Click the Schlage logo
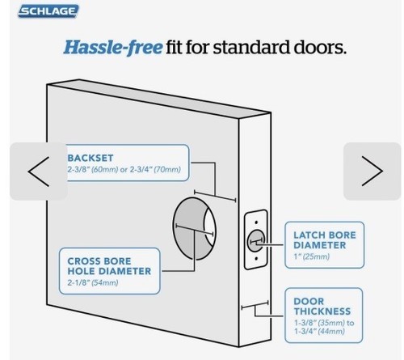point(48,11)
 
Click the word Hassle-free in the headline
point(113,47)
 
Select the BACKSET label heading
point(90,158)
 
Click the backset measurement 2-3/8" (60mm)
point(93,169)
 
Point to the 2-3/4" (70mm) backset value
point(155,169)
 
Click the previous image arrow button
point(39,172)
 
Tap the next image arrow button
point(372,172)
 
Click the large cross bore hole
point(195,229)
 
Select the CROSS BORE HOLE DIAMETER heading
point(109,266)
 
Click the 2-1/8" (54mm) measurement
point(93,282)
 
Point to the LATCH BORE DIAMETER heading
point(325,240)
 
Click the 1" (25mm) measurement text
point(312,256)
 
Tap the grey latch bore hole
point(256,241)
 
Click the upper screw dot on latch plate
point(256,222)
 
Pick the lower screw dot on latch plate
point(256,259)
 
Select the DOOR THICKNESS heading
point(322,307)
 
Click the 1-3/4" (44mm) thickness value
point(319,331)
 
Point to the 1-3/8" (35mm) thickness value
point(320,323)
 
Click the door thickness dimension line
point(255,305)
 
